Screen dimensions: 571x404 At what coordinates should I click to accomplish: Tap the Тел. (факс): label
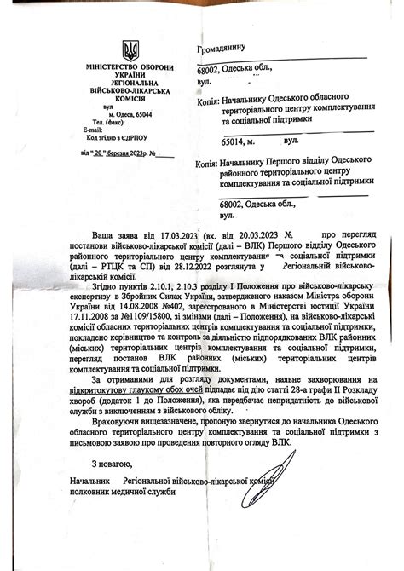click(x=90, y=122)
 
